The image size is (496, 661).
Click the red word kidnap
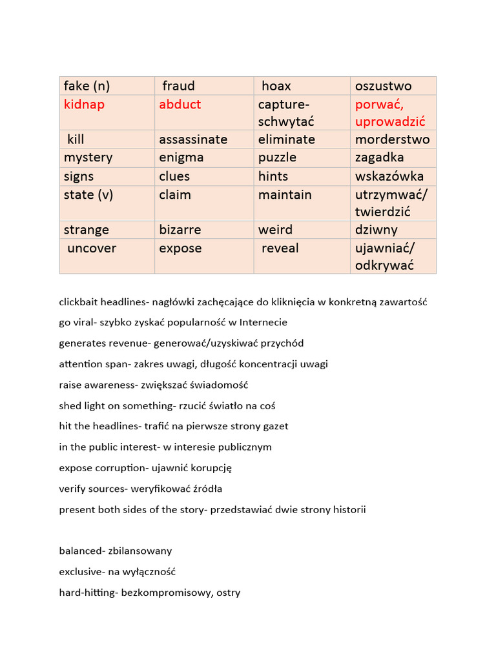pos(84,105)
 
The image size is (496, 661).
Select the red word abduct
pos(180,105)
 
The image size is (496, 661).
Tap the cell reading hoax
pos(276,86)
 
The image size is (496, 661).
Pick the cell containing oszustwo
pos(384,86)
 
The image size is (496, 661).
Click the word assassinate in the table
pos(193,139)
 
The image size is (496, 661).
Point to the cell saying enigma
pos(181,158)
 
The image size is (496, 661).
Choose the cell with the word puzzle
pos(277,158)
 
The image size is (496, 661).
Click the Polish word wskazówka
pos(389,176)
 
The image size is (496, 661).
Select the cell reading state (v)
pos(88,194)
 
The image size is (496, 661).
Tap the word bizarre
pos(180,230)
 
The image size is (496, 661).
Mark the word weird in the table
pos(275,230)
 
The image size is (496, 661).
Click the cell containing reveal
pos(280,249)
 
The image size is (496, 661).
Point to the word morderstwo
pos(392,139)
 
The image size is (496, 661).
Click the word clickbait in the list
pos(79,301)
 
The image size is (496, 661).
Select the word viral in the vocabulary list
pos(85,322)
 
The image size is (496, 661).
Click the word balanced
pos(80,551)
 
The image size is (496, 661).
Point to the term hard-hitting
pos(85,592)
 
